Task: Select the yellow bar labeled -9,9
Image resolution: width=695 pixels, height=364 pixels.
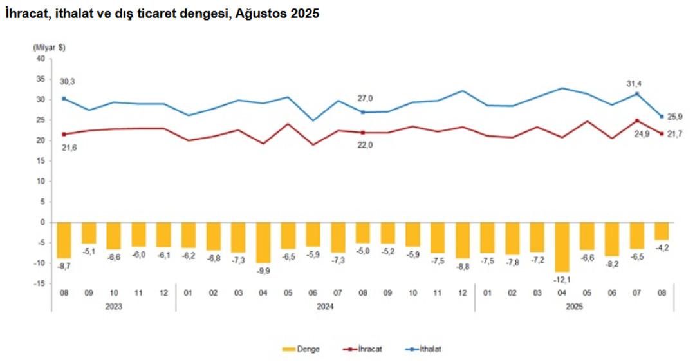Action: point(263,242)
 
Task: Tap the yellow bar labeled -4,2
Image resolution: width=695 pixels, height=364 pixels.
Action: point(662,231)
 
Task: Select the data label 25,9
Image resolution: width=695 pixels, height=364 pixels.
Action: point(675,117)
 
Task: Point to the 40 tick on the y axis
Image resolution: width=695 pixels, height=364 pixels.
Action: point(41,59)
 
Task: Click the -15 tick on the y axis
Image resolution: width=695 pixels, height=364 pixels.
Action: point(40,283)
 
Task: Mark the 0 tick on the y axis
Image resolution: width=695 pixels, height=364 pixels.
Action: point(43,222)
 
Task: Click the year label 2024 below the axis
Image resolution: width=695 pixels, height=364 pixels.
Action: point(324,306)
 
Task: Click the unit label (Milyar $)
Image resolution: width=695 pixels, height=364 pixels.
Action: point(50,47)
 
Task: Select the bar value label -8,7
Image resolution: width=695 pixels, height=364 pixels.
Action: point(64,265)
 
